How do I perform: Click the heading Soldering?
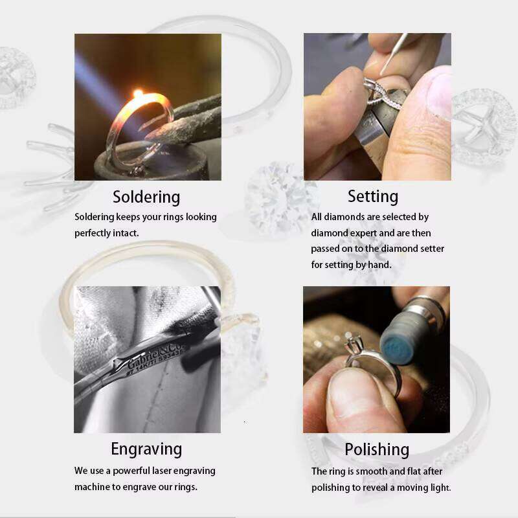coord(146,197)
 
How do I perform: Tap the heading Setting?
coord(373,197)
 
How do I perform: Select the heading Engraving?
coord(146,449)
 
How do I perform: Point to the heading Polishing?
coord(377,449)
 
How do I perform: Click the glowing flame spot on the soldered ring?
coord(138,93)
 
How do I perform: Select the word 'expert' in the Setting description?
coord(363,234)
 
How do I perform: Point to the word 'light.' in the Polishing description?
coord(440,488)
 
